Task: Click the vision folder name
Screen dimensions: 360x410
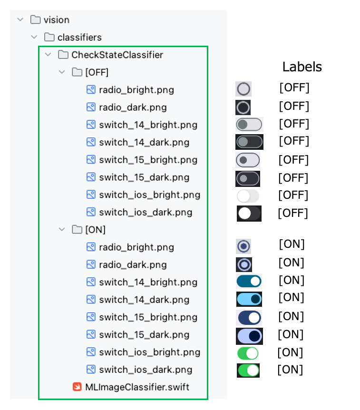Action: (x=57, y=20)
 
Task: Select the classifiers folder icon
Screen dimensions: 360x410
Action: (x=49, y=37)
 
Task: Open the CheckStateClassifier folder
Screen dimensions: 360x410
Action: (x=117, y=55)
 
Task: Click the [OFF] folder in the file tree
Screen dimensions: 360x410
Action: (x=97, y=72)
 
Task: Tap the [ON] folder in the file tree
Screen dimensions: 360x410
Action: (x=96, y=230)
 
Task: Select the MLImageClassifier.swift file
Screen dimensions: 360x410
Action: (x=137, y=387)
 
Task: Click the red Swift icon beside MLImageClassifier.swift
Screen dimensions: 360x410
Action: (x=77, y=387)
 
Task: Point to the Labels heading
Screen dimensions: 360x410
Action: (x=302, y=67)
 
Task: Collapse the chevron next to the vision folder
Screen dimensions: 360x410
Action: (x=20, y=20)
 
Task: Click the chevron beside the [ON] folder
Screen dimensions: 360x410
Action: (x=62, y=229)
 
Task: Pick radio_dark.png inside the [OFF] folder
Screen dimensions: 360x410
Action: (x=133, y=107)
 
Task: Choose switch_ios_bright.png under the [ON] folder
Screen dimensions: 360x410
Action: (x=149, y=352)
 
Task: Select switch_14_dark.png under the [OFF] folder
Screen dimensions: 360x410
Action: (x=144, y=143)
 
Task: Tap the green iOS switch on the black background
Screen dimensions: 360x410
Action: (x=248, y=370)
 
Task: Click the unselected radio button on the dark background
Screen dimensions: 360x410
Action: (x=243, y=107)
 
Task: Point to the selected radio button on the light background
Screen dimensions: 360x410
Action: (x=243, y=246)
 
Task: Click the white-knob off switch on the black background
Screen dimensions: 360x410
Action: (x=249, y=214)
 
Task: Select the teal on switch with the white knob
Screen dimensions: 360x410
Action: (x=249, y=282)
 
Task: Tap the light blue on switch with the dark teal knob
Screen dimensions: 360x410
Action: (x=249, y=299)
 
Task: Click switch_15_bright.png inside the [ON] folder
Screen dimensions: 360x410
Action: (x=148, y=317)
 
